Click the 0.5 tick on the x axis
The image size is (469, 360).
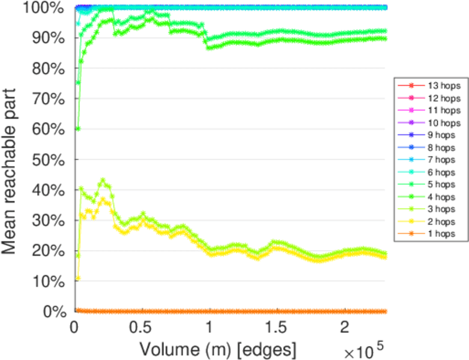141,329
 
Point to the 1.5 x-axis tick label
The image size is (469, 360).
276,329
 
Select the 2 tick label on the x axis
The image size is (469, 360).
344,329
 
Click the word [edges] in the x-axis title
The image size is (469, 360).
264,349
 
